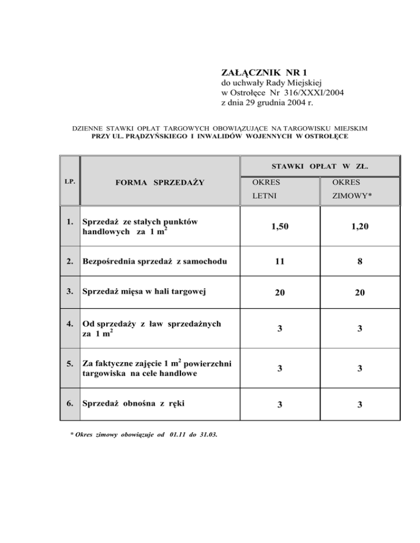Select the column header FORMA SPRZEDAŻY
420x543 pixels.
(159, 182)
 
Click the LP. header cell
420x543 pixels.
(69, 180)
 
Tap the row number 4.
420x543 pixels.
(69, 324)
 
